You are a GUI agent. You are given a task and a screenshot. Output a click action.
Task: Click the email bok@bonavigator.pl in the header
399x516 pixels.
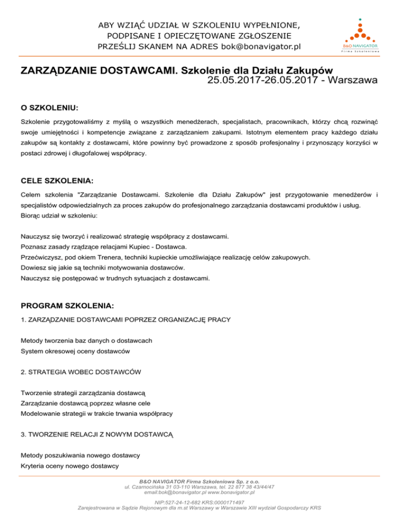tap(261, 47)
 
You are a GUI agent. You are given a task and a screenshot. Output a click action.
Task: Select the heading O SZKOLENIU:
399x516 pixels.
tap(49, 108)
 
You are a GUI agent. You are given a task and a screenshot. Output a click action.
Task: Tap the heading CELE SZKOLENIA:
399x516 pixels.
tap(57, 181)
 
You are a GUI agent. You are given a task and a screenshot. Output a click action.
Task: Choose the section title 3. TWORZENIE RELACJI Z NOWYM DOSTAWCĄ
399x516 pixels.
tap(97, 434)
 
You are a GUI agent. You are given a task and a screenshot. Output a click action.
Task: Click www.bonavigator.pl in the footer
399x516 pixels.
tap(238, 492)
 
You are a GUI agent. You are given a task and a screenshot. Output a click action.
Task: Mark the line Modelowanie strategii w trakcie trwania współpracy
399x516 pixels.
tap(97, 414)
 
